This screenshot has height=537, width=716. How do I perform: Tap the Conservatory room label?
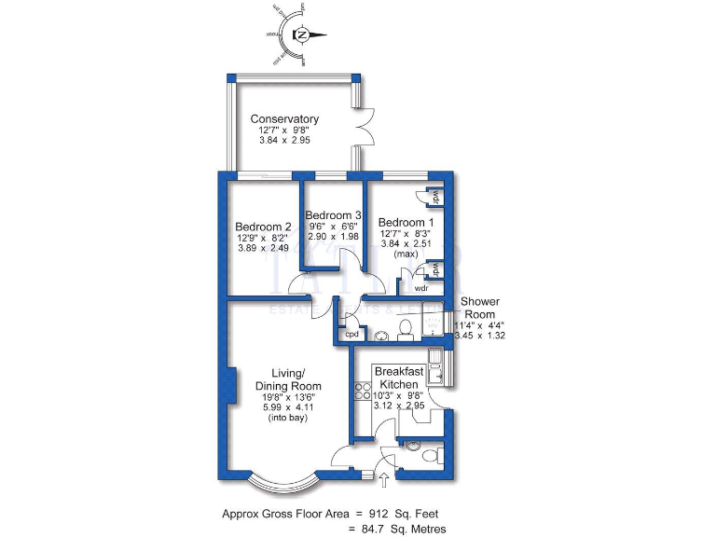(x=284, y=119)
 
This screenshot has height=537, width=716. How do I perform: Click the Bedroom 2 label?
(x=263, y=227)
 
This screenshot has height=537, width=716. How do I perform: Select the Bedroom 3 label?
(x=334, y=215)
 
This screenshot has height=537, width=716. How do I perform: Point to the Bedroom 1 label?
(x=406, y=223)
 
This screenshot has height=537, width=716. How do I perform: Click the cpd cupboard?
(x=352, y=334)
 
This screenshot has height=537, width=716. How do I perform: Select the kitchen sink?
(x=436, y=359)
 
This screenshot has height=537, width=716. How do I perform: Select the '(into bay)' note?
(x=289, y=419)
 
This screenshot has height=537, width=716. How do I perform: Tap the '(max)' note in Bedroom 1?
(x=405, y=255)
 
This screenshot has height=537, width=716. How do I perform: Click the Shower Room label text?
(x=481, y=308)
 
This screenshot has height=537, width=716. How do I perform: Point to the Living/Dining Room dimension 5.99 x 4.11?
(x=289, y=407)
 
